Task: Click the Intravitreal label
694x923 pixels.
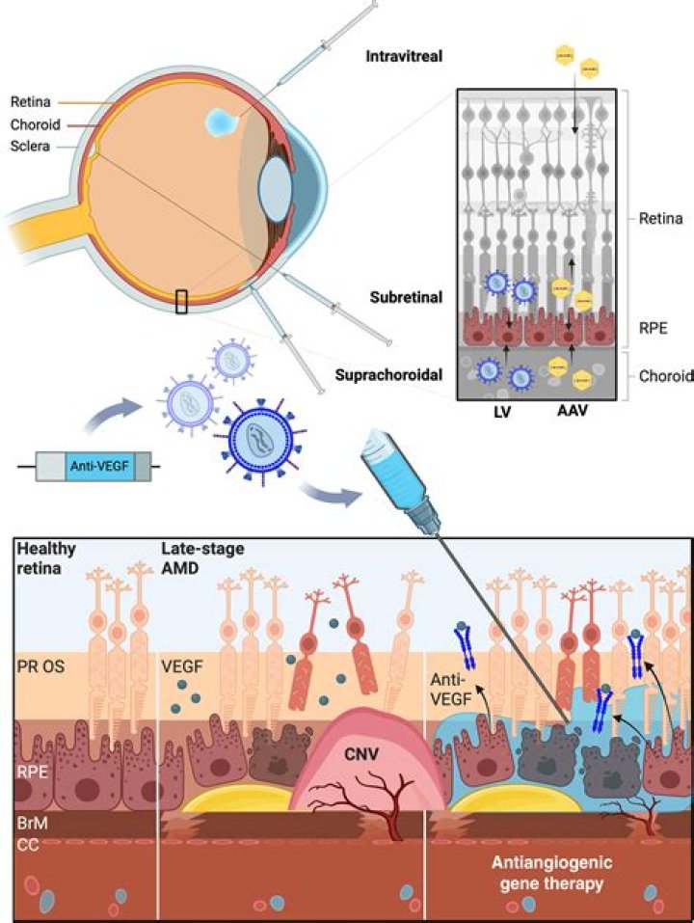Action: coord(405,57)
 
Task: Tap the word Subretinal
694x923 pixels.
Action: coord(405,297)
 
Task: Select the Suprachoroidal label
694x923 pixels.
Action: coord(394,373)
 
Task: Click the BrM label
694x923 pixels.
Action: coord(35,825)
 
